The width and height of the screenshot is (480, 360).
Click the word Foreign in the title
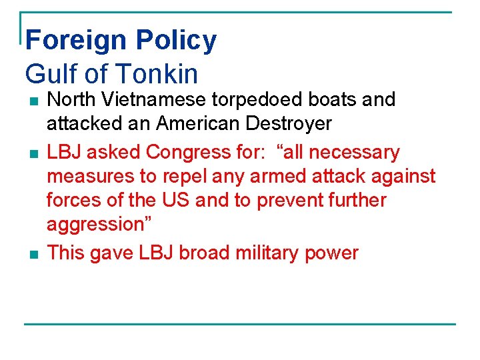point(76,41)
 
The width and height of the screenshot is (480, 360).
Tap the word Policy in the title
point(176,41)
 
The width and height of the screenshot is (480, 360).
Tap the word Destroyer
point(296,125)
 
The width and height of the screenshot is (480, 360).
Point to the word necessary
point(351,153)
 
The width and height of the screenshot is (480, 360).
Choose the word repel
point(165,177)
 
